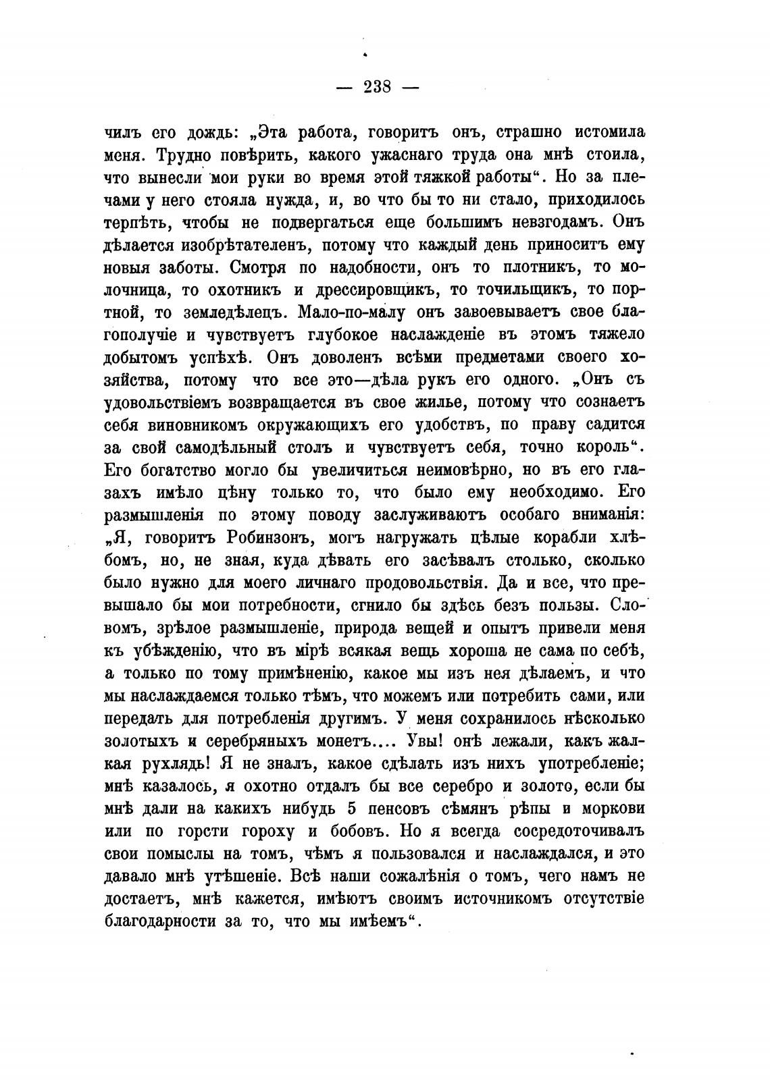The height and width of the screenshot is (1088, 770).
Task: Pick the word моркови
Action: click(x=605, y=809)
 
